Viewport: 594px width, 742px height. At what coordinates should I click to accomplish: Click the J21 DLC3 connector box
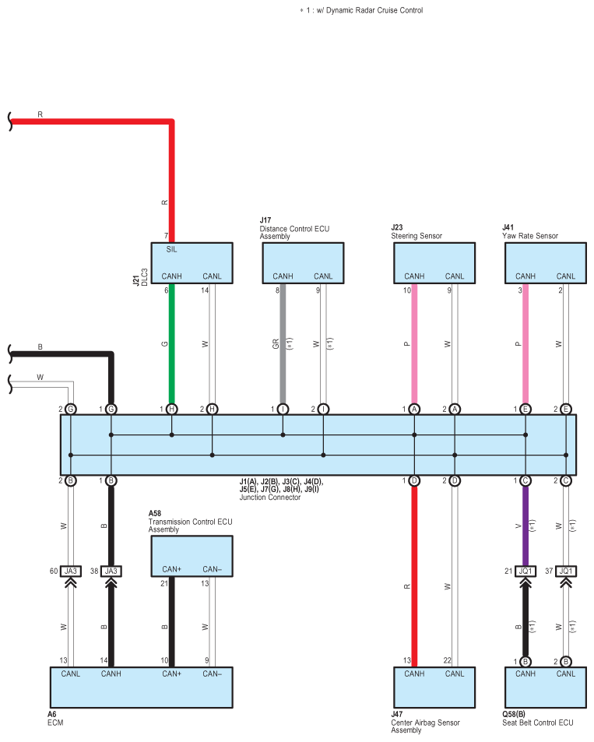[x=192, y=262]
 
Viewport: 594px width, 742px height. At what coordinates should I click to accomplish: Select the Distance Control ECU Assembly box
[x=302, y=262]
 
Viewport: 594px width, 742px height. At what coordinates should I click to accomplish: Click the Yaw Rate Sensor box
[x=545, y=262]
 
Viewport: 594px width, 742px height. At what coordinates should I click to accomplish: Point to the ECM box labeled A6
[x=140, y=686]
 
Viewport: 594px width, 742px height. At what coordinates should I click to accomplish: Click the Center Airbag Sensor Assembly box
[x=434, y=686]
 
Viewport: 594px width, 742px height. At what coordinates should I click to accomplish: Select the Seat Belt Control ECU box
[x=545, y=686]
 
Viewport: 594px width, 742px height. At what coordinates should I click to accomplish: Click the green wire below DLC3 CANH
[x=172, y=343]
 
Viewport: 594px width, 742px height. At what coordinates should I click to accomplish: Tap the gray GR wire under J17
[x=283, y=343]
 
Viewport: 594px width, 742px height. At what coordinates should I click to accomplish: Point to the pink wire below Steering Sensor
[x=415, y=343]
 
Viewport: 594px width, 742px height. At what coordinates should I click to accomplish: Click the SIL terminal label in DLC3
[x=172, y=250]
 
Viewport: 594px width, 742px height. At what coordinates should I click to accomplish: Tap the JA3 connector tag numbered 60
[x=71, y=571]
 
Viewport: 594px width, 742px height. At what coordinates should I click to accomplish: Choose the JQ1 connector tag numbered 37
[x=566, y=571]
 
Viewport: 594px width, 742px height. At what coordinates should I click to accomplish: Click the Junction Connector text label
[x=269, y=497]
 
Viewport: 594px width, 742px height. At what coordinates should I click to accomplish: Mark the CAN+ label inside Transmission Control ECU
[x=172, y=569]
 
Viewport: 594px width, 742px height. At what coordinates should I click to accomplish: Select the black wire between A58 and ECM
[x=172, y=623]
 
